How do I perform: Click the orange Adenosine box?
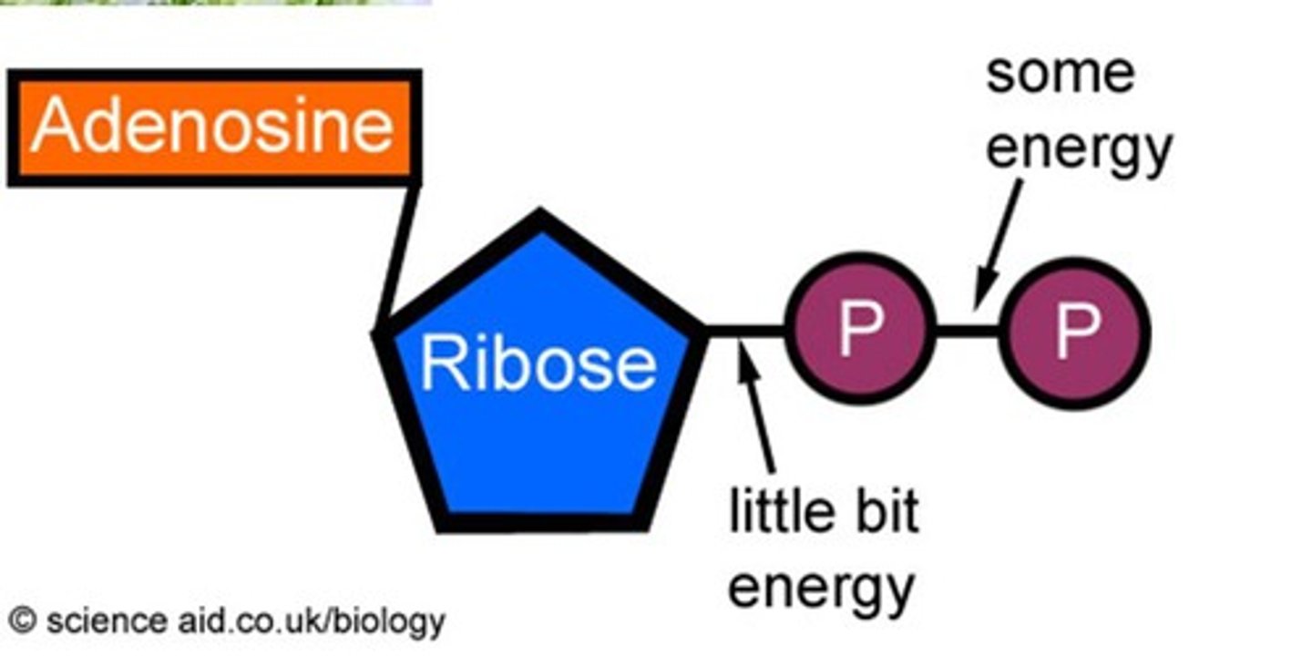pyautogui.click(x=213, y=128)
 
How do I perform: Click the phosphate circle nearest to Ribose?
pyautogui.click(x=860, y=330)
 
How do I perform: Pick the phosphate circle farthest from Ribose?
pyautogui.click(x=1075, y=333)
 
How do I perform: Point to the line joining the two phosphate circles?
pyautogui.click(x=968, y=331)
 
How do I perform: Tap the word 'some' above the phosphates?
pyautogui.click(x=1060, y=73)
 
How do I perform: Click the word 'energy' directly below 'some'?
pyautogui.click(x=1079, y=148)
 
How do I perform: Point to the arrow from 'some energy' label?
pyautogui.click(x=997, y=241)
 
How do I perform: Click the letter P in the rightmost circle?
pyautogui.click(x=1075, y=333)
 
